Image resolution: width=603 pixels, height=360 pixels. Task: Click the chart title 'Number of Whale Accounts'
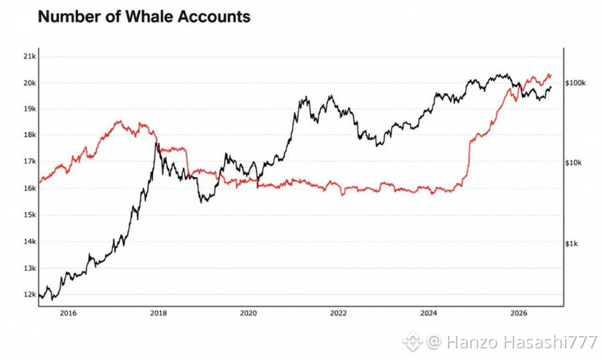pos(144,17)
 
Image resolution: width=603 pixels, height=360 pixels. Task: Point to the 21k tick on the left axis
pos(30,57)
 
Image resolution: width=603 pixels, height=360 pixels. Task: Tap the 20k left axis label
pos(30,83)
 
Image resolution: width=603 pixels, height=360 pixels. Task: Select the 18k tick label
pos(30,135)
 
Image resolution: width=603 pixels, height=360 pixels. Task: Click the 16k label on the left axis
pos(30,188)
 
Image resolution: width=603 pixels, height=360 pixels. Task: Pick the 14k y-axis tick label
pos(30,241)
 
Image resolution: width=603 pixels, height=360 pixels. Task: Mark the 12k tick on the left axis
pos(30,294)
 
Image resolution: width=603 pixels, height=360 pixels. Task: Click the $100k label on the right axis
pos(576,83)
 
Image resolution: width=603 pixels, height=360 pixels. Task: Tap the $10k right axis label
pos(574,163)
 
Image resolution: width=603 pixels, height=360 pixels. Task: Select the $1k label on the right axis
pos(572,243)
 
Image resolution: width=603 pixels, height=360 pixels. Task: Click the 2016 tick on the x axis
pos(68,313)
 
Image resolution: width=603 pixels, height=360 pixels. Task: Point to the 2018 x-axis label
pos(159,313)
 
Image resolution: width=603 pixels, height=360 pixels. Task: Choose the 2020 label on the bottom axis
pos(248,313)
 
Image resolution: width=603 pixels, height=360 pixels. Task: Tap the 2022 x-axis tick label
pos(339,313)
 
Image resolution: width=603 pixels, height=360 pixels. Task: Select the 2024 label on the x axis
pos(428,313)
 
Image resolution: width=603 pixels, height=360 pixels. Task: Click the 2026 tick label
pos(519,313)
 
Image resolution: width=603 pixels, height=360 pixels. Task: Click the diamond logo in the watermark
pos(413,341)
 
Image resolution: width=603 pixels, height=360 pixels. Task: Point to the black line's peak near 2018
pos(156,144)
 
